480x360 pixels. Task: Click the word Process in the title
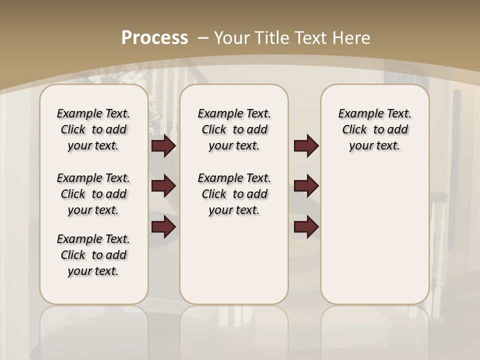coord(154,37)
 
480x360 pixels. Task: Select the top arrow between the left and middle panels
coord(163,146)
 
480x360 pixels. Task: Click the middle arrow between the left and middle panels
coord(163,186)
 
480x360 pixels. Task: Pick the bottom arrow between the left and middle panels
coord(163,227)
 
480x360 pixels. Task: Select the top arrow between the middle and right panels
coord(305,146)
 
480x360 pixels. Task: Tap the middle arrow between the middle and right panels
coord(305,186)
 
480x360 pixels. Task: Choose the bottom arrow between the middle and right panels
coord(305,227)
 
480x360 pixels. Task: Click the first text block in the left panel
coord(93,129)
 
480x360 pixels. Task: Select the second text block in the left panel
coord(93,194)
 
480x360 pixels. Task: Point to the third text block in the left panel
coord(93,255)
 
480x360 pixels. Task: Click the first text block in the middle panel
coord(234,129)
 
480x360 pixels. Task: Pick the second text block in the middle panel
coord(234,194)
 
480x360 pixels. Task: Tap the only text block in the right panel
coord(374,129)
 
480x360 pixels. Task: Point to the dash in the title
coord(203,38)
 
